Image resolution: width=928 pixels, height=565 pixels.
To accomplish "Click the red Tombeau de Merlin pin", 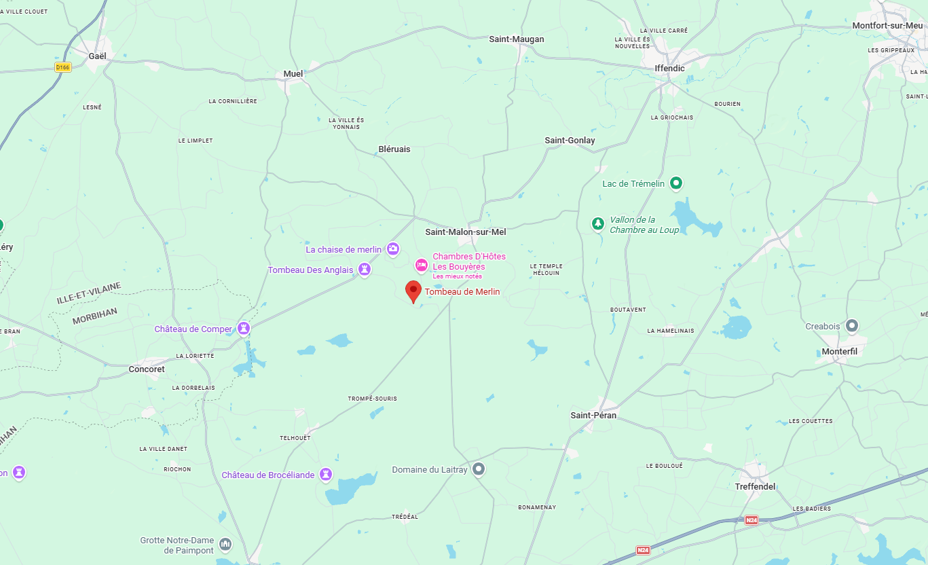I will point(413,291).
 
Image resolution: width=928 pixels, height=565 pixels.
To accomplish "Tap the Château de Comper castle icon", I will point(244,329).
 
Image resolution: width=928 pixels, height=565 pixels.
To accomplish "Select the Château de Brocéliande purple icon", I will point(326,473).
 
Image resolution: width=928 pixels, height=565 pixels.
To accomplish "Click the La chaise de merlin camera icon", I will point(393,249).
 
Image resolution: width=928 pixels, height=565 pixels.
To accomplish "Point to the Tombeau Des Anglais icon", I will point(365,270).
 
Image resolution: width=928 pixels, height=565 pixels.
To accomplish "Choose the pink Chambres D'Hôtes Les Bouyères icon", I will point(422,265).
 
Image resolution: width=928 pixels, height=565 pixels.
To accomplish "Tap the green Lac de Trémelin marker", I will point(675,183).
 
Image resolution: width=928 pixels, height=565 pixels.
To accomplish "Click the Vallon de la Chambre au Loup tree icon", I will point(597,223).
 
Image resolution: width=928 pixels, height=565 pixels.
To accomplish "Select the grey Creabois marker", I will point(852,326).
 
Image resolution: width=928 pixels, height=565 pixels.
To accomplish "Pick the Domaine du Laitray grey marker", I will point(479,469).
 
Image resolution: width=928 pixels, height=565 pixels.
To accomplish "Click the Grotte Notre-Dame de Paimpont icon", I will point(225,545).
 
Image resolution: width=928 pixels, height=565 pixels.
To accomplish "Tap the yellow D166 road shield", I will point(63,67).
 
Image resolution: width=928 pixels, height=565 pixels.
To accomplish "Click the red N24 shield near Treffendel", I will point(751,520).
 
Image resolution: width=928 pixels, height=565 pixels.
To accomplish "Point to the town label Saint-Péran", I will point(593,415).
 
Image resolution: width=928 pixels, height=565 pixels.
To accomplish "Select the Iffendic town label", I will point(669,69).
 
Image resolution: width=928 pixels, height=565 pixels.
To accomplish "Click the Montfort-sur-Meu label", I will point(887,26).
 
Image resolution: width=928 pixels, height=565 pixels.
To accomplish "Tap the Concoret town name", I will point(147,369).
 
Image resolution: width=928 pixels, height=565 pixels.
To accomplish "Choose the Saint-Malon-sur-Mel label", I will point(466,232).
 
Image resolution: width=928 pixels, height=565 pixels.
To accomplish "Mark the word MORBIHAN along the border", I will point(95,315).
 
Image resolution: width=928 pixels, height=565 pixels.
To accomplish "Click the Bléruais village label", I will point(394,149).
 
